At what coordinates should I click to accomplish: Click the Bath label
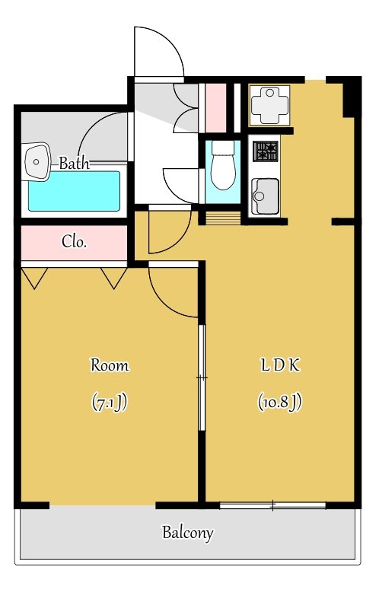coord(75,164)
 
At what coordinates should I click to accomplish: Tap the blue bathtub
coord(75,191)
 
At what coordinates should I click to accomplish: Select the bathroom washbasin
coord(37,161)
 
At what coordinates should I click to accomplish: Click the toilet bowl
coord(223,165)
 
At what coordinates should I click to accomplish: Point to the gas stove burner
coord(266,151)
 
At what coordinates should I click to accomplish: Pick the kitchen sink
coord(265,196)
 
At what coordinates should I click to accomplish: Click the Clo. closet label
coord(75,241)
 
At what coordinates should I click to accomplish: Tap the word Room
coord(110,365)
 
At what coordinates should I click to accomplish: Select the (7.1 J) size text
coord(110,402)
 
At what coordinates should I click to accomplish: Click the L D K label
coord(281,365)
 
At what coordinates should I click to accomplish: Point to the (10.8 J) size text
coord(280,402)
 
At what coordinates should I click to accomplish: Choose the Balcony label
coord(188,533)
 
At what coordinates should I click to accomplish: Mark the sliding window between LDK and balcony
coord(272,505)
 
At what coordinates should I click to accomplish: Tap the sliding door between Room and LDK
coord(202,377)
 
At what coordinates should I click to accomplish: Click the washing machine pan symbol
coord(269,106)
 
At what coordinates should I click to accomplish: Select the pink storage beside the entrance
coord(216,108)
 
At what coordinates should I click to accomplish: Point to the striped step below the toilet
coord(223,218)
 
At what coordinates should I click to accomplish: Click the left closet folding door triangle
coord(34,278)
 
